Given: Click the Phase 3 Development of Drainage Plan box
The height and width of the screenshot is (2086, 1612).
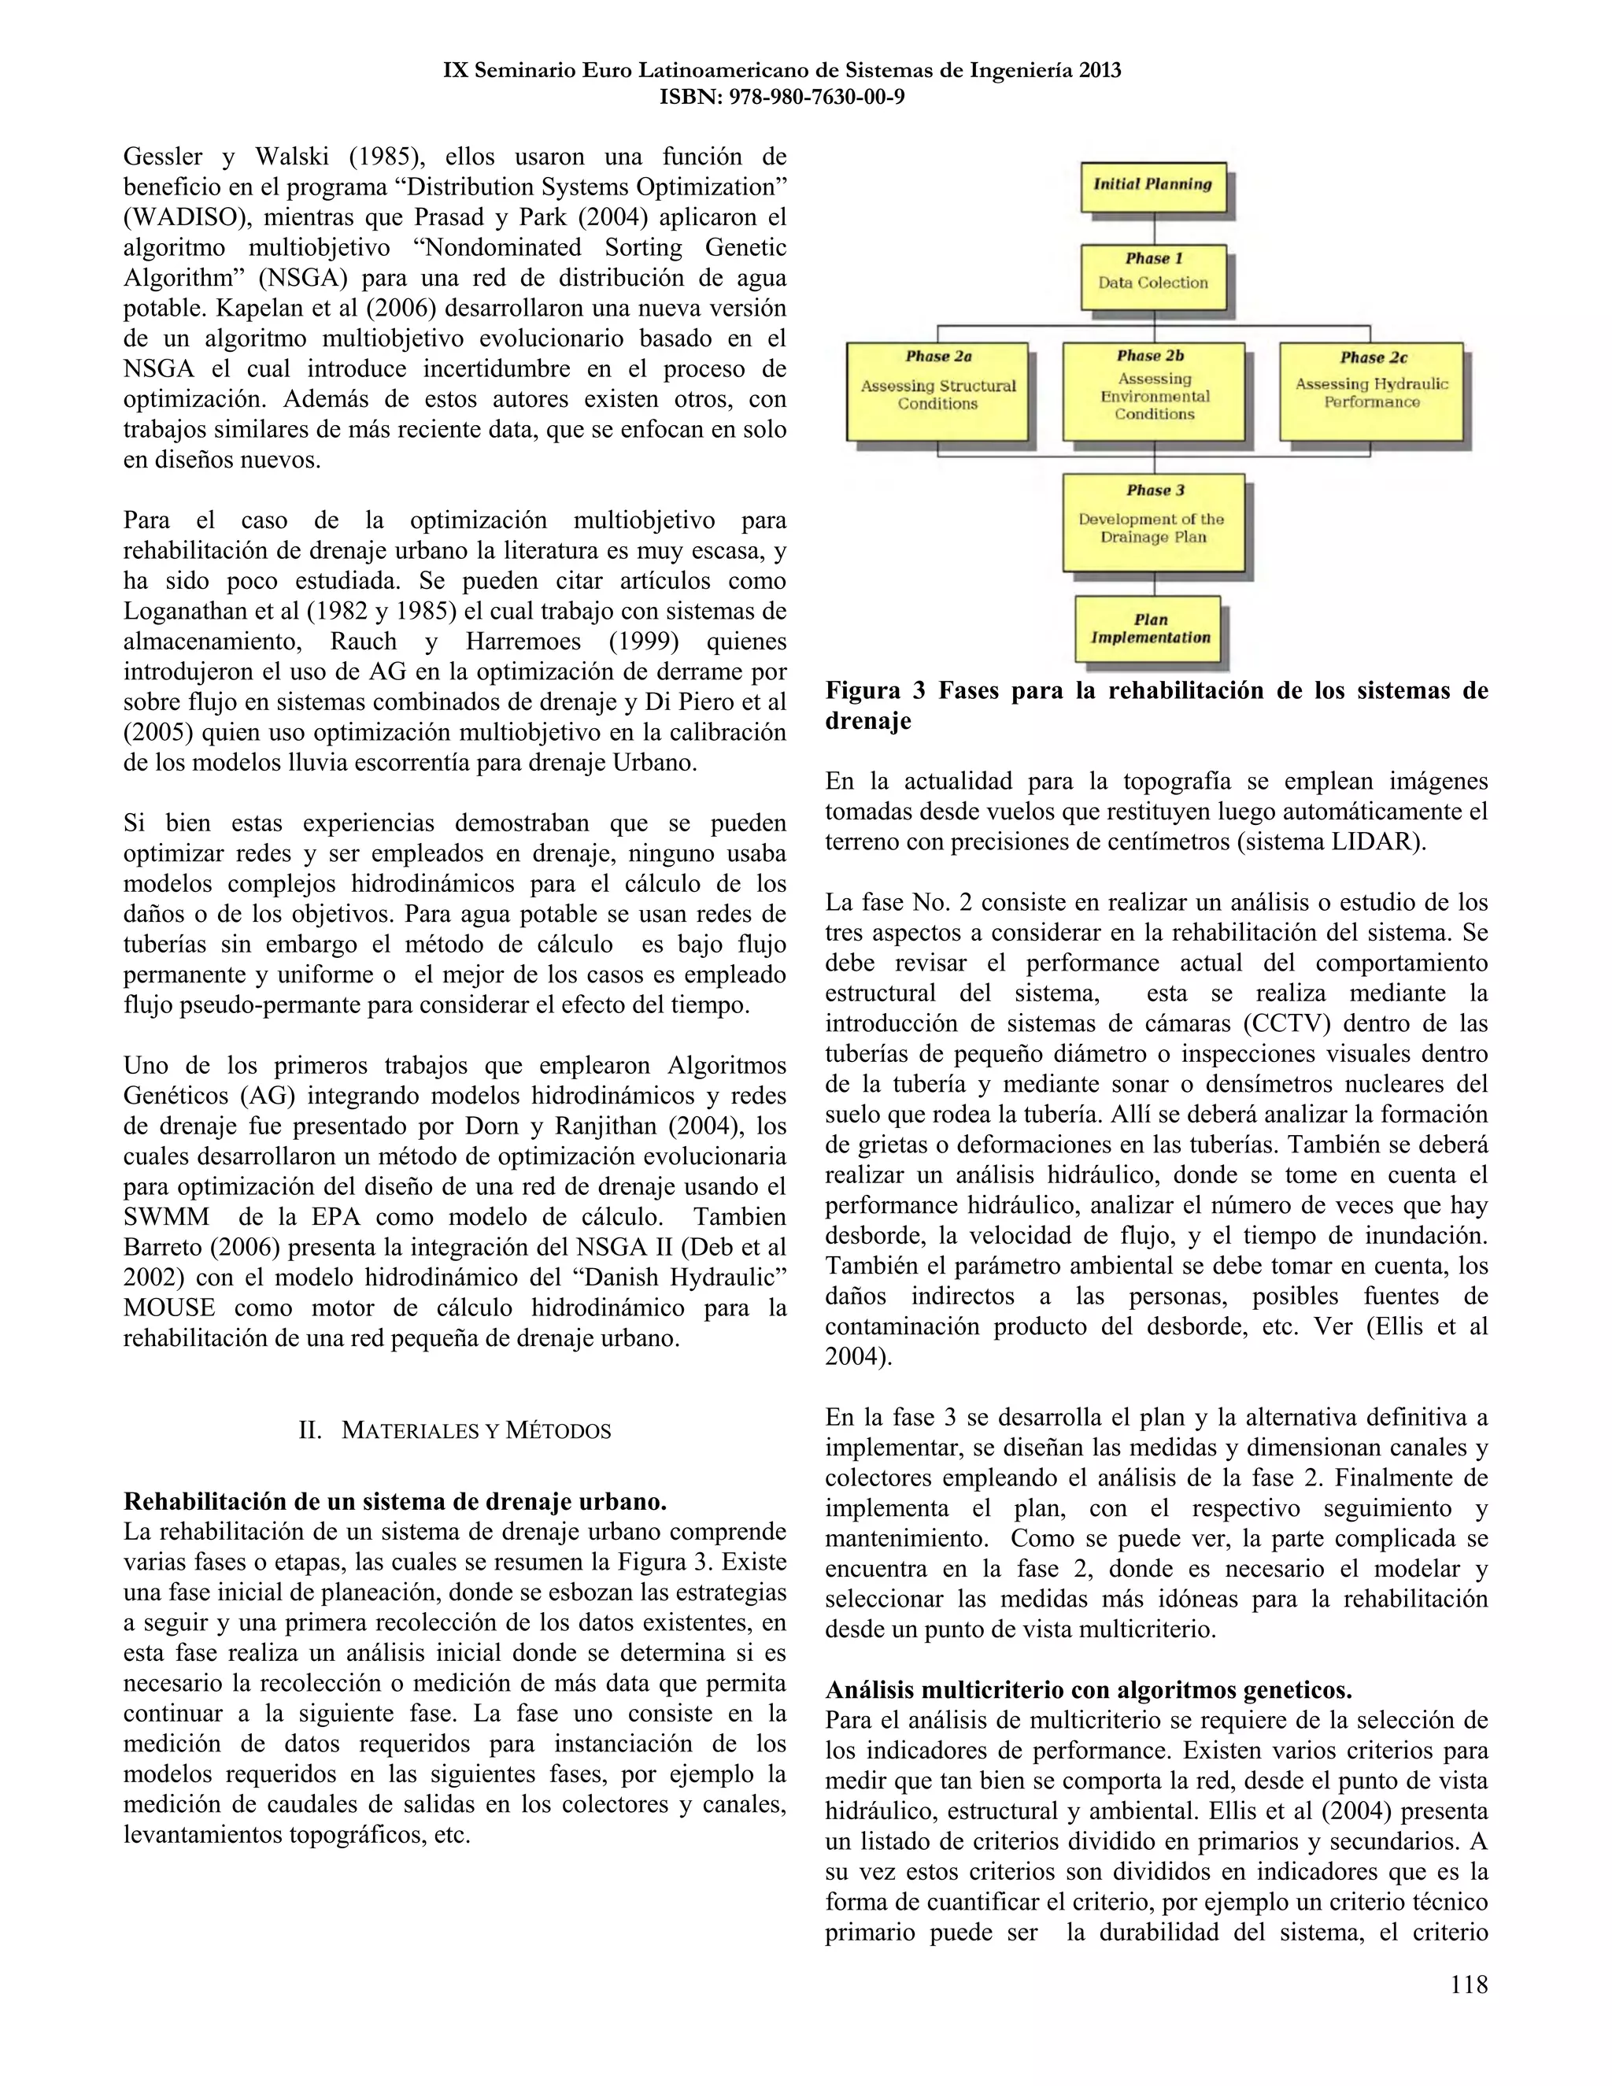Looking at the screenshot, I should coord(1154,521).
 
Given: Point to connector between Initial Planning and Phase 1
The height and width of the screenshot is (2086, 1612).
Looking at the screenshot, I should coord(1155,227).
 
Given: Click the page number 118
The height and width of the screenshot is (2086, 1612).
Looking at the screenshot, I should coord(1468,1984).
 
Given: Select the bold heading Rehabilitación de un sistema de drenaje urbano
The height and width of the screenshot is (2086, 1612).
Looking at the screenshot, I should coord(395,1500).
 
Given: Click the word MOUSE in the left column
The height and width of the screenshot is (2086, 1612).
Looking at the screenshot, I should coord(169,1307).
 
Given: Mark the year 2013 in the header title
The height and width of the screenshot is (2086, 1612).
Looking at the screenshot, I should coord(1099,70).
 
